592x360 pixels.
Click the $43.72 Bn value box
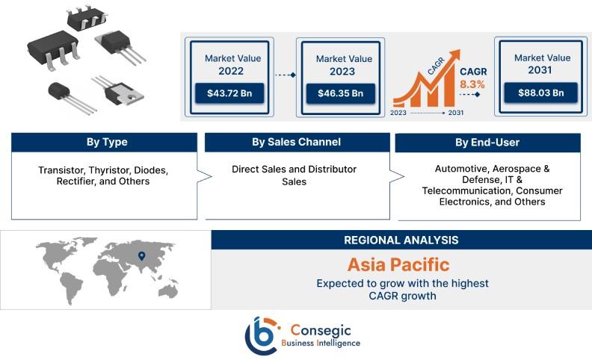click(x=229, y=93)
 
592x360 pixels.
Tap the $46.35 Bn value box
click(x=341, y=93)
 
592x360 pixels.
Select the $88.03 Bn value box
click(x=540, y=93)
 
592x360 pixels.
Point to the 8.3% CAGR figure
click(x=472, y=84)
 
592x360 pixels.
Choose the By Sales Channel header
click(x=297, y=142)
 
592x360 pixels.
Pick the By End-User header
click(x=487, y=143)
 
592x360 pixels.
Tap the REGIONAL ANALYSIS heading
click(x=401, y=240)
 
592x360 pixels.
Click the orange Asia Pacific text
click(x=398, y=264)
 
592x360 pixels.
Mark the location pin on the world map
click(x=141, y=256)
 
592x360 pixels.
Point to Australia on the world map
click(x=168, y=291)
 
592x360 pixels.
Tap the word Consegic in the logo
click(x=321, y=331)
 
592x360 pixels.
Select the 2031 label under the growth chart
click(x=456, y=113)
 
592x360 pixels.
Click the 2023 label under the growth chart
click(x=398, y=113)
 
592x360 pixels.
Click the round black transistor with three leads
click(x=71, y=96)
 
